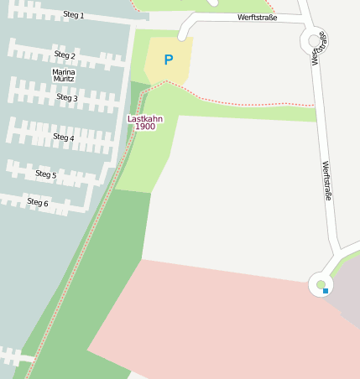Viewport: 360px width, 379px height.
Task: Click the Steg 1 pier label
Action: tap(74, 15)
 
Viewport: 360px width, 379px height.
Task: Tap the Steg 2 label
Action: tap(65, 55)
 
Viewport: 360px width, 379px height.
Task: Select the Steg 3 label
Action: tap(67, 97)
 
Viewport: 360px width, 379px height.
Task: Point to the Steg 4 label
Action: tap(64, 137)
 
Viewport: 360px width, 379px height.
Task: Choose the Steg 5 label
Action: tap(46, 174)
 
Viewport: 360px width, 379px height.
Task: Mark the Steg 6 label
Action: tap(38, 202)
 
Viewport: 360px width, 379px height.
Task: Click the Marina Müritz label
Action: tap(64, 75)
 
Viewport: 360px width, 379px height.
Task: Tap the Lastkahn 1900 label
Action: tap(145, 122)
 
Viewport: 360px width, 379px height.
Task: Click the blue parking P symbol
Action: tap(169, 60)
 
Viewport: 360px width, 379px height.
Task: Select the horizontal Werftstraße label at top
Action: tap(257, 17)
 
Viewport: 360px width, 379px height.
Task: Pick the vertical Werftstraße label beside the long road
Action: tap(327, 180)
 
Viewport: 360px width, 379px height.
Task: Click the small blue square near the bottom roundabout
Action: tap(326, 290)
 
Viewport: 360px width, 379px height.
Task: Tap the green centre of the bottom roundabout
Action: tap(321, 285)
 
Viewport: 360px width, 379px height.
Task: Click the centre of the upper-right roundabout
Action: tap(314, 40)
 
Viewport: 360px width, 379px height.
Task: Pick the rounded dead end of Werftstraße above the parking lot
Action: tap(182, 34)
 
